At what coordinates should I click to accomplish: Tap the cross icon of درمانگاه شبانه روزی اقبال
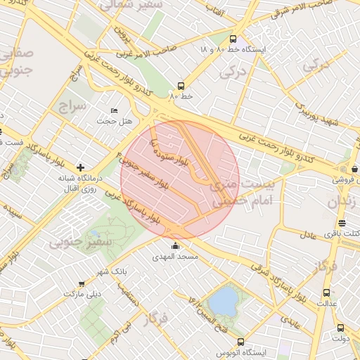click(81, 167)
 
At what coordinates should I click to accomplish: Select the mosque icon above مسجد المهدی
click(175, 245)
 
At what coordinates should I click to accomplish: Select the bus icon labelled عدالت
click(326, 292)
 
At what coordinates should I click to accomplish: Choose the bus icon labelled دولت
click(340, 328)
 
